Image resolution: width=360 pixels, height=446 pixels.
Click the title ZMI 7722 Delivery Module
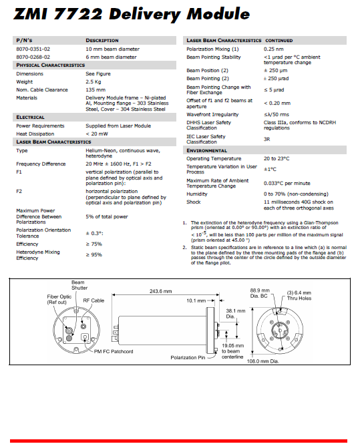133,14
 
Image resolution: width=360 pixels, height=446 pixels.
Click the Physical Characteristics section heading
46,65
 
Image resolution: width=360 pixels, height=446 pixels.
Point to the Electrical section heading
31,118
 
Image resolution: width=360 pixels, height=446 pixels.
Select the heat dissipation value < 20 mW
97,134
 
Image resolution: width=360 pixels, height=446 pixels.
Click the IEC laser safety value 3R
267,139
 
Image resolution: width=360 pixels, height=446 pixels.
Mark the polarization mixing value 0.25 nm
273,49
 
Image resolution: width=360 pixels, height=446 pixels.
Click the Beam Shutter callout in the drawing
79,286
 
